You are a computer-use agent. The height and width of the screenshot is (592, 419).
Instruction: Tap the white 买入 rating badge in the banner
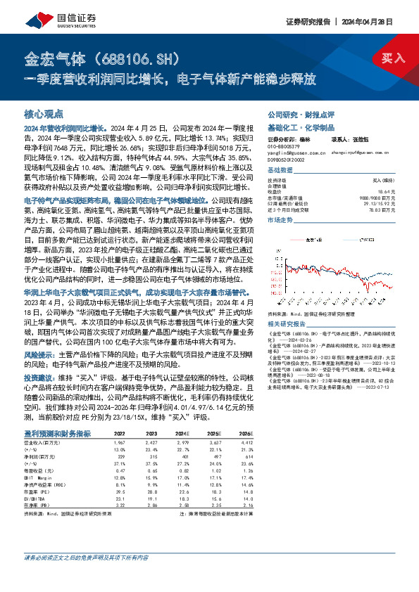[393, 58]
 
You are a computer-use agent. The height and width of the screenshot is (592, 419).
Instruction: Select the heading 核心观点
[44, 114]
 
